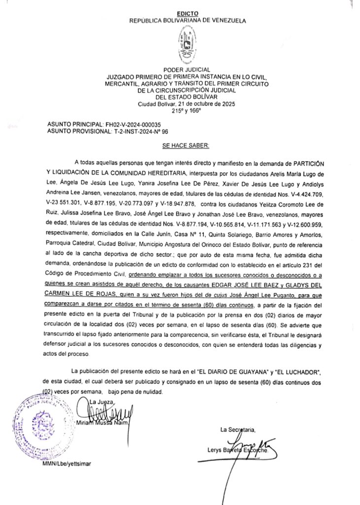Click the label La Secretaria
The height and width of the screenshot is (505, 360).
coord(238,430)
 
